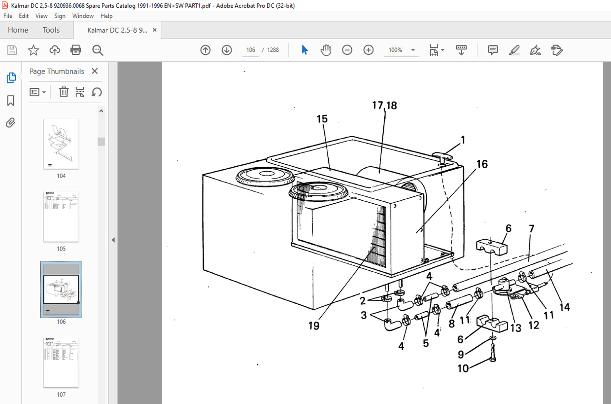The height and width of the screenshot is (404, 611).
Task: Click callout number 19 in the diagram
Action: tap(313, 326)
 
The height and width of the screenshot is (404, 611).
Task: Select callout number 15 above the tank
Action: tap(322, 119)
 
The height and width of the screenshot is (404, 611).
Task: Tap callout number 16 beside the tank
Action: tap(481, 164)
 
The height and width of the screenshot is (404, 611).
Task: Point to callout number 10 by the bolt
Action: tap(463, 368)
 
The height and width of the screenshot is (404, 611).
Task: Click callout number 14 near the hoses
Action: tap(564, 307)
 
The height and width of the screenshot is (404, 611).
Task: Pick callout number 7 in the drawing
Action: tap(531, 229)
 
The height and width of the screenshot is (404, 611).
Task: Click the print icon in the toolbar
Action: tap(76, 50)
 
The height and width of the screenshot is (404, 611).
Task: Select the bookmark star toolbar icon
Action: tap(34, 50)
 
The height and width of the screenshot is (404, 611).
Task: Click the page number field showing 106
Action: tap(251, 50)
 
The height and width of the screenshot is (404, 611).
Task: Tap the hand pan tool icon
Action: tap(326, 50)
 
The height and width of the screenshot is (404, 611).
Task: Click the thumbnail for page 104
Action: tap(61, 144)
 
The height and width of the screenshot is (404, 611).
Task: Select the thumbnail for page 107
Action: tap(61, 363)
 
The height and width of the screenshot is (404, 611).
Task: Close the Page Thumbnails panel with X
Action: tap(95, 71)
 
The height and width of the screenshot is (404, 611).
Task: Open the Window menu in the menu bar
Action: tap(83, 16)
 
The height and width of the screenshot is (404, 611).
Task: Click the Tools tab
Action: tap(51, 30)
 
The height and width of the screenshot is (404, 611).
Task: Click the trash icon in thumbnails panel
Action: tap(64, 92)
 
